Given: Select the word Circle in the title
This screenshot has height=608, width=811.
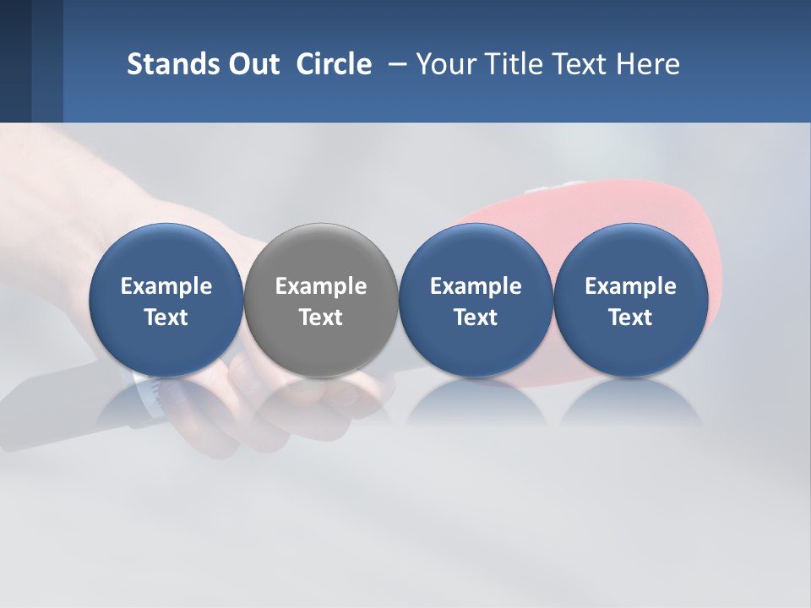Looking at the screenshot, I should (334, 64).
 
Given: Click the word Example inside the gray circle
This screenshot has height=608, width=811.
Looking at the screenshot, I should (321, 286).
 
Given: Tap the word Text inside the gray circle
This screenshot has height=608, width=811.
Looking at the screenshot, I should (321, 318).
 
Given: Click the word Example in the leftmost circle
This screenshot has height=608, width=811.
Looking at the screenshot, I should (166, 286).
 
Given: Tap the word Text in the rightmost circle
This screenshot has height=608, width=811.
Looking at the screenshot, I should (630, 318).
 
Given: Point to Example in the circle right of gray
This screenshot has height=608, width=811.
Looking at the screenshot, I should (476, 286).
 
